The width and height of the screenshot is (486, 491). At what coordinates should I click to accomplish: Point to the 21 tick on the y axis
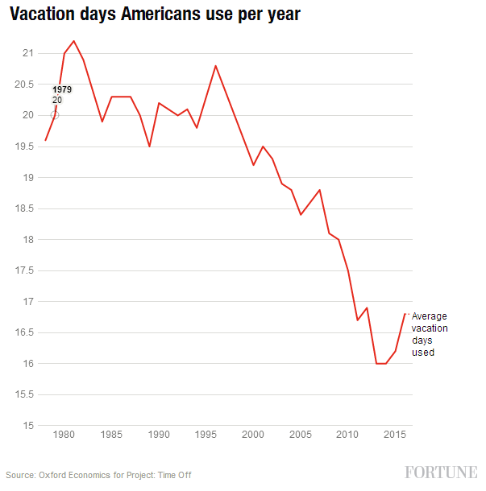(x=28, y=53)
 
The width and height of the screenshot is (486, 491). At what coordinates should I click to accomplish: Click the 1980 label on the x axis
(x=64, y=435)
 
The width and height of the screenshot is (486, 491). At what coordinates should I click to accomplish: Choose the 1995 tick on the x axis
(x=206, y=435)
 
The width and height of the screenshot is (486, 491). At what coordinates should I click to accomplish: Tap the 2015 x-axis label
(x=395, y=435)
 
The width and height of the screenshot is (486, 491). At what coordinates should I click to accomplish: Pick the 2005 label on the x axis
(x=300, y=435)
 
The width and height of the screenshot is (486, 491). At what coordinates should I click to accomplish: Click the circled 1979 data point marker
(x=55, y=115)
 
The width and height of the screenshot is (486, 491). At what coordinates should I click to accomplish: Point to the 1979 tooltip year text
(x=62, y=89)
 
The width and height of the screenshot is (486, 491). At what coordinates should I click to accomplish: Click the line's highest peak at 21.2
(x=73, y=41)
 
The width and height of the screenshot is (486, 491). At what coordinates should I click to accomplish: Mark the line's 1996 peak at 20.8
(x=215, y=66)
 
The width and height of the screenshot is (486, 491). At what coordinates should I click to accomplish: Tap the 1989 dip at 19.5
(x=149, y=146)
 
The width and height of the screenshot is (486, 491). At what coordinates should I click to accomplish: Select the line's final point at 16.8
(x=405, y=314)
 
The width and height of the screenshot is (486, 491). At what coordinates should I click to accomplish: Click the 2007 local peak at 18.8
(x=320, y=190)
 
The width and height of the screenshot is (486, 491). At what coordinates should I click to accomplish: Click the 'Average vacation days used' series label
(x=430, y=334)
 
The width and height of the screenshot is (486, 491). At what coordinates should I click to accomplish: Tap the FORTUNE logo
(x=440, y=472)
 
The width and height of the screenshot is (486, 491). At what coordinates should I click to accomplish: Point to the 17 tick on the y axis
(x=28, y=302)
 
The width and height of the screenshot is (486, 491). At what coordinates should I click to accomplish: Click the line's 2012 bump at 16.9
(x=367, y=307)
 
